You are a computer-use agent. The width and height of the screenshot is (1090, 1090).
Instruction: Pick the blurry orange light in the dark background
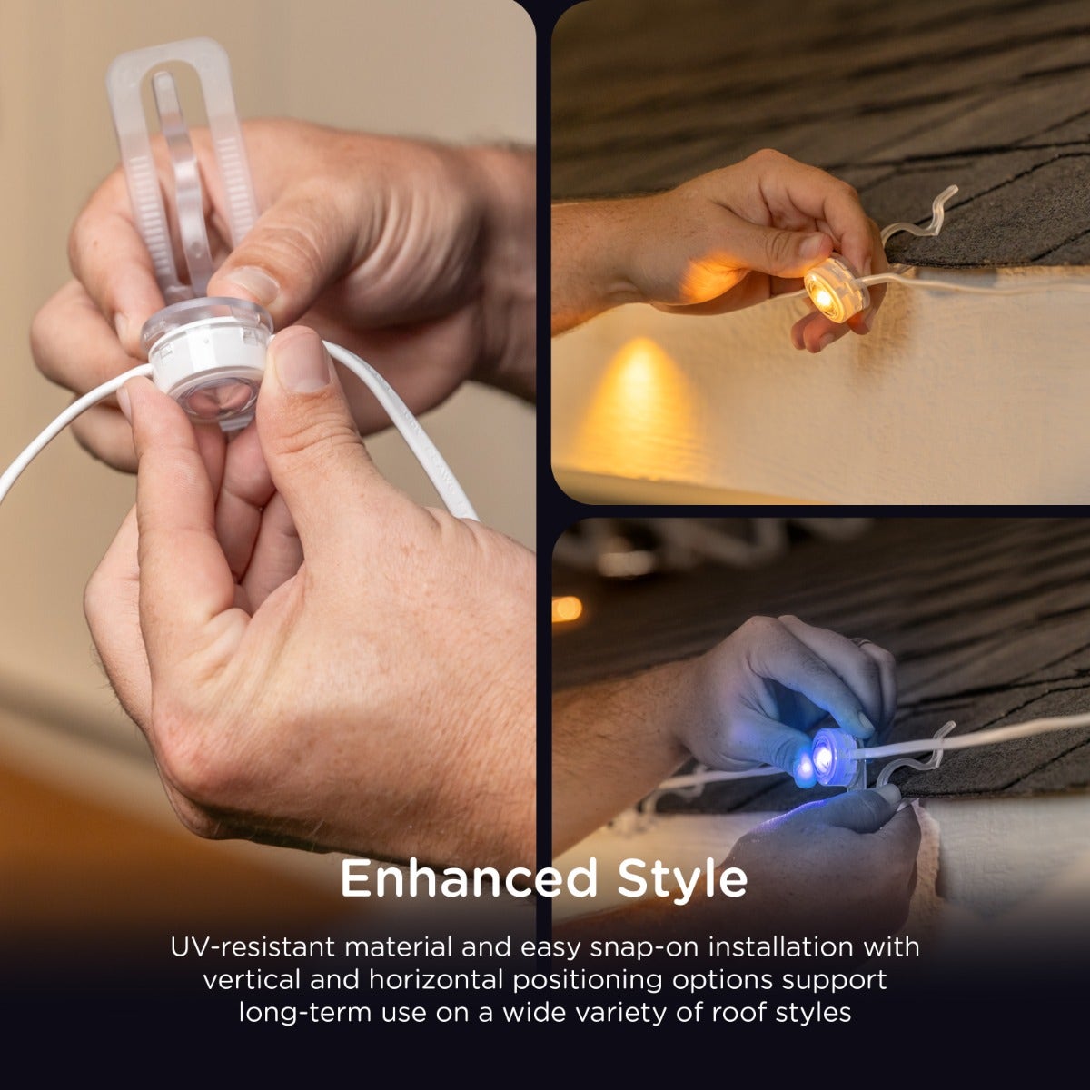[x=567, y=609]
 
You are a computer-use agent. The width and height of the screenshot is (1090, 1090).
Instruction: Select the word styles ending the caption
[x=814, y=1012]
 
